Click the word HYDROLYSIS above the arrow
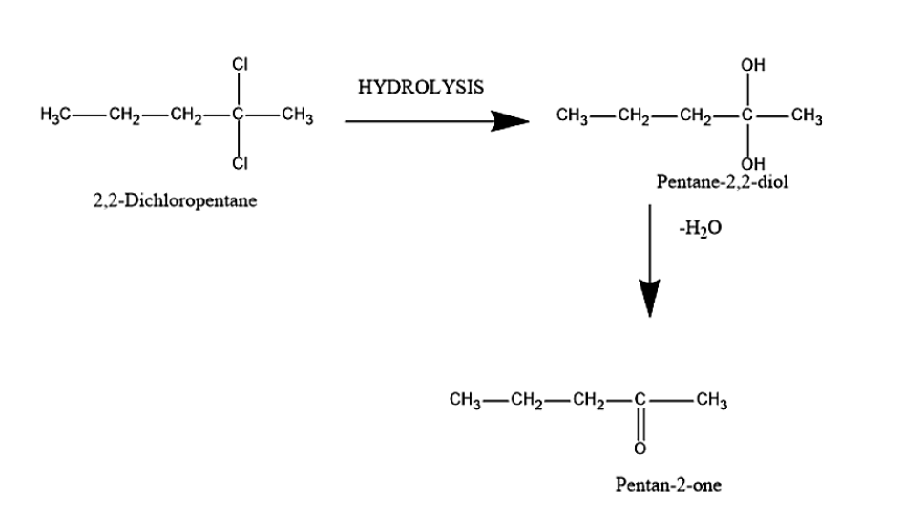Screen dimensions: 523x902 pos(421,88)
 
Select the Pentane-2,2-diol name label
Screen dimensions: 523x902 pos(723,181)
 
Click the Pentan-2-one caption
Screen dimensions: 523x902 pos(668,485)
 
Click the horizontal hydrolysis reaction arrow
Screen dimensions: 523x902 pos(435,121)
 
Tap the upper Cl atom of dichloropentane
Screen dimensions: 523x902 pos(241,65)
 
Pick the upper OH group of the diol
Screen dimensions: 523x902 pos(751,65)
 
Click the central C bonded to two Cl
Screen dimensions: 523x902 pos(240,118)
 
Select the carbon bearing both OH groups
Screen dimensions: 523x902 pos(750,118)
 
